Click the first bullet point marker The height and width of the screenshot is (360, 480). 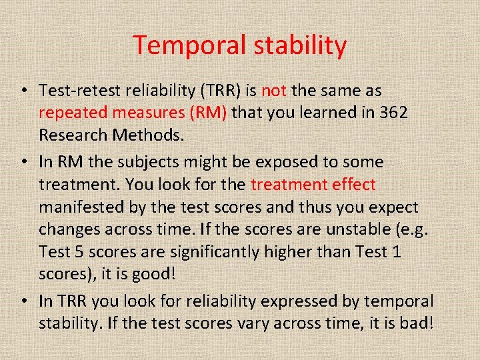[x=23, y=91]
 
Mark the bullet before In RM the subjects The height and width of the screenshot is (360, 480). [x=23, y=162]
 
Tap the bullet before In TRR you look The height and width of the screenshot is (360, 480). [x=23, y=301]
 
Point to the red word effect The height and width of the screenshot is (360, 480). [x=353, y=185]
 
